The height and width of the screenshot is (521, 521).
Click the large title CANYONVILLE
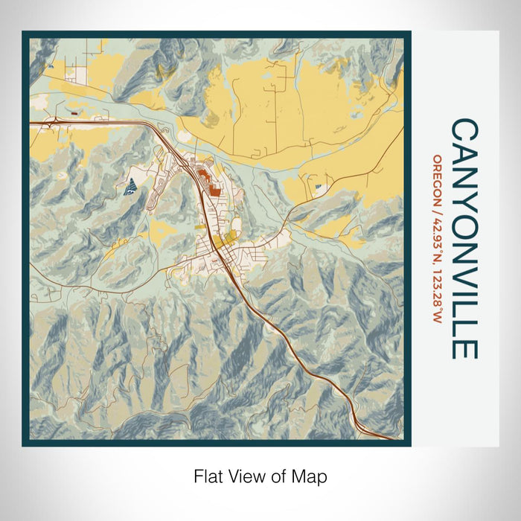point(464,238)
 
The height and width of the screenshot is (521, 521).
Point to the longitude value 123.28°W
point(438,293)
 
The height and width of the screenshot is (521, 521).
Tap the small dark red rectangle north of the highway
point(76,112)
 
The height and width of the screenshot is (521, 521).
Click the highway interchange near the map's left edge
point(54,123)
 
